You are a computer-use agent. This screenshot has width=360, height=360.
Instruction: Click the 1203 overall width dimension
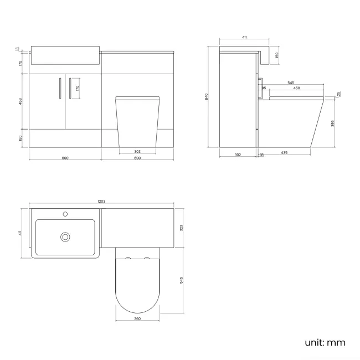pos(101,203)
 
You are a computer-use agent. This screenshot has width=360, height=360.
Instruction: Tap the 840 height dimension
pos(207,96)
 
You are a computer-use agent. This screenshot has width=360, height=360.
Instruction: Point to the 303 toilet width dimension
pos(137,151)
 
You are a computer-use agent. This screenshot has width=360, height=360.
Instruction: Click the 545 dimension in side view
pos(290,83)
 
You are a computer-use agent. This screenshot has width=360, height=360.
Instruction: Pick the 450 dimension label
pos(296,88)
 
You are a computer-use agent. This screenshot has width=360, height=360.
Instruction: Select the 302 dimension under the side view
pos(238,155)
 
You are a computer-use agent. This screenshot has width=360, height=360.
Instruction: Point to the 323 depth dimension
pos(182,227)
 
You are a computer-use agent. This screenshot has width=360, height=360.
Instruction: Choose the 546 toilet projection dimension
pos(182,280)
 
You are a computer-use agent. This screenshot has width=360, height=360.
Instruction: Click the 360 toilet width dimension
pos(137,319)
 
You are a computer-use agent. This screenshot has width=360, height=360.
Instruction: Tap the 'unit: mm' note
pos(325,342)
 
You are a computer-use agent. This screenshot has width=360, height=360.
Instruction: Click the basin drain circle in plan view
pos(65,237)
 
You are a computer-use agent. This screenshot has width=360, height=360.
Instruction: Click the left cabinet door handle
pos(59,89)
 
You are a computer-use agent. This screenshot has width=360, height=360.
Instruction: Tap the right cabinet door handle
pos(70,89)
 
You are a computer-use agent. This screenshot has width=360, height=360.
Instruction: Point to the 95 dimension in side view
pos(264,88)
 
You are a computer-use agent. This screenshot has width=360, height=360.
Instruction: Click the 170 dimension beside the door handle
pos(78,87)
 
